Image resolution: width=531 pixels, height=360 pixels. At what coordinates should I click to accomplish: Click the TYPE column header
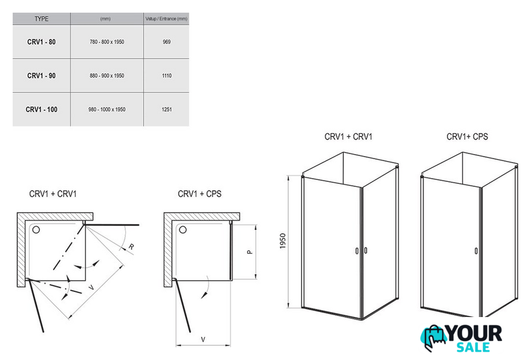coord(41,19)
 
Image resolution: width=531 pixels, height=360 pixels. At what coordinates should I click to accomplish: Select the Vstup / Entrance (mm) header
coord(166,19)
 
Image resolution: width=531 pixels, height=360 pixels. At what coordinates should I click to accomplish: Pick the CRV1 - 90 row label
coord(42,76)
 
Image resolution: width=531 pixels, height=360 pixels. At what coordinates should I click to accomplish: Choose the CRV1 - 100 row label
coord(42,109)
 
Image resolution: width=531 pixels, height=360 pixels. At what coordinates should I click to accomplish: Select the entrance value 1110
coord(166,76)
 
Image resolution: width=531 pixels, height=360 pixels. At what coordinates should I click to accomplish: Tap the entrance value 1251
coord(166,109)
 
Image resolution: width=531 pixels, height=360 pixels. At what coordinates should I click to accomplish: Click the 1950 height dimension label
coord(284,242)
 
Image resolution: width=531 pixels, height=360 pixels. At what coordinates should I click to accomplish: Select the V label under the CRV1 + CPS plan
coord(202,340)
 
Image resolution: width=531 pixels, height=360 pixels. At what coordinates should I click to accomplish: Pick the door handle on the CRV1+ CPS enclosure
coord(475,251)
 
